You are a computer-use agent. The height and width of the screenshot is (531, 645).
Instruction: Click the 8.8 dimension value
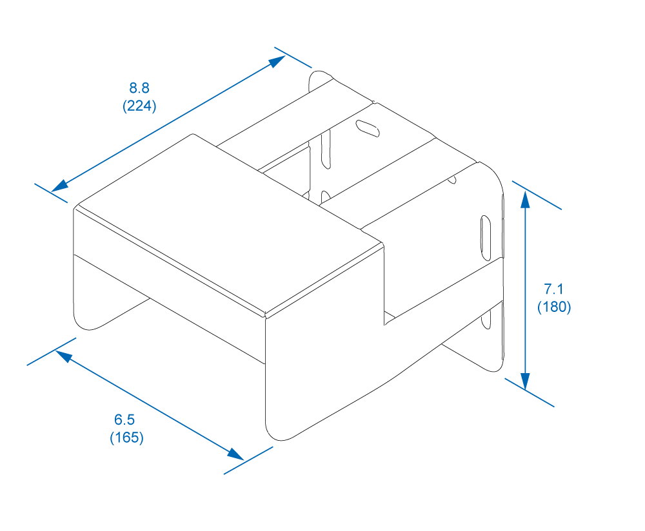click(139, 88)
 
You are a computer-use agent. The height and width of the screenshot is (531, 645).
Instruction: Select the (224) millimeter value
click(139, 106)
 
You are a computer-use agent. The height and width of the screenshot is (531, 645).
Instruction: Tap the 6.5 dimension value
click(124, 420)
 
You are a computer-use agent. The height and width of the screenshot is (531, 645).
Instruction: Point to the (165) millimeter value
click(126, 438)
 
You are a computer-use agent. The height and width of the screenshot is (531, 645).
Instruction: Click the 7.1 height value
click(553, 289)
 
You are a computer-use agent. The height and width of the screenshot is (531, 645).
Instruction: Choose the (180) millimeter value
click(554, 307)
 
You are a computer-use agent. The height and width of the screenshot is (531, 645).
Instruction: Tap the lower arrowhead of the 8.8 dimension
click(59, 186)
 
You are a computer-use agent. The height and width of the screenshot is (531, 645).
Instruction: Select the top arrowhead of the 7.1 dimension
click(525, 199)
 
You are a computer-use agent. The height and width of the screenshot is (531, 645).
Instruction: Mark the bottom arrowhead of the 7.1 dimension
click(525, 381)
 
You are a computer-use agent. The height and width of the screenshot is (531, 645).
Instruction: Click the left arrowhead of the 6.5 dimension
click(64, 356)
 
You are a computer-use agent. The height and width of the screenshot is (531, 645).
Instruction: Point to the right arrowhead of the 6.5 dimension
click(235, 454)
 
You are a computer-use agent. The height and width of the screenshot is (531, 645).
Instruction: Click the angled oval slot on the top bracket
click(368, 128)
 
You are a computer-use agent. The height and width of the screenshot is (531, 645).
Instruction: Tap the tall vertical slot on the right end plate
click(486, 238)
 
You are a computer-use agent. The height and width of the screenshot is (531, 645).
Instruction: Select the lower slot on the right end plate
click(486, 320)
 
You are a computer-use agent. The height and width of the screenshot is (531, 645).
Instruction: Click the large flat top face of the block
click(230, 225)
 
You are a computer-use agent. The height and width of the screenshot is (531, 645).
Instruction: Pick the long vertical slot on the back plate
click(326, 150)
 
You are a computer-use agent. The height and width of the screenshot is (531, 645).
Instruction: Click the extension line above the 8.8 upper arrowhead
click(293, 57)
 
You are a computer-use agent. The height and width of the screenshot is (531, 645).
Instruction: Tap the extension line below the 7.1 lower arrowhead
click(530, 392)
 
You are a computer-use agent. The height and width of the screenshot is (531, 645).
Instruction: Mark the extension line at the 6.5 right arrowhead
click(248, 461)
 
